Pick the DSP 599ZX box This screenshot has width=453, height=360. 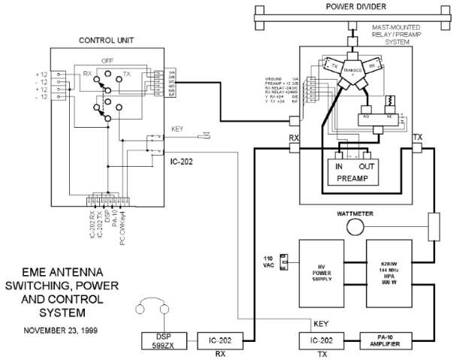[x=165, y=340]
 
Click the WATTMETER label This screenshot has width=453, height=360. [x=356, y=214]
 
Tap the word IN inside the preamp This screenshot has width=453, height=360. [x=338, y=165]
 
